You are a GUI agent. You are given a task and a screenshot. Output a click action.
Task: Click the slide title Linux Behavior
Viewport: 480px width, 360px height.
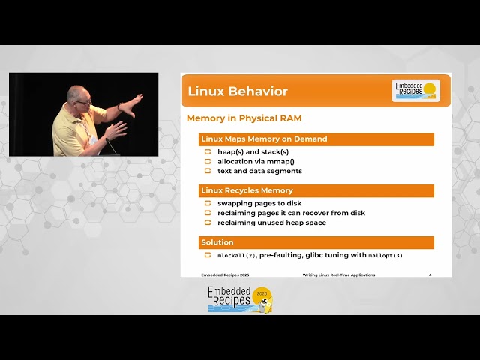[238, 91]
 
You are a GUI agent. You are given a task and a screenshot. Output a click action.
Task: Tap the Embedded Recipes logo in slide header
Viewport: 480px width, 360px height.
[416, 90]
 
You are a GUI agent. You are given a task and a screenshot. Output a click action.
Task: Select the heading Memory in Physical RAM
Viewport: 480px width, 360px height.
[244, 118]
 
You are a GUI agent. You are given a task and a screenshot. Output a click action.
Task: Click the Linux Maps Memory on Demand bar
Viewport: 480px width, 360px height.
[316, 139]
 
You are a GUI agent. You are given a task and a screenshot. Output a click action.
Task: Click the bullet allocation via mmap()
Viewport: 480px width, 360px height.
[256, 161]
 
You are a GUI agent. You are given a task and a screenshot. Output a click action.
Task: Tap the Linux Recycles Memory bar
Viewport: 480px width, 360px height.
[316, 191]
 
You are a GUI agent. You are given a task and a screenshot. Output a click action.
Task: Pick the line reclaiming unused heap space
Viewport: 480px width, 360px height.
[271, 223]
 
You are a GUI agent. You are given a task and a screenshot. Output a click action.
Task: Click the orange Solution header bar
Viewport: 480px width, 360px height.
[316, 243]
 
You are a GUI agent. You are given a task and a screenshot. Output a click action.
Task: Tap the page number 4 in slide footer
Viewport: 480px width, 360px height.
[430, 274]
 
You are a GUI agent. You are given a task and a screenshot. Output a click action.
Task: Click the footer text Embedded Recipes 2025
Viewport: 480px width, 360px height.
[220, 274]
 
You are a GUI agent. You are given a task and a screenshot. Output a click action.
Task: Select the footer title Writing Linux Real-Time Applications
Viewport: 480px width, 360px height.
[339, 274]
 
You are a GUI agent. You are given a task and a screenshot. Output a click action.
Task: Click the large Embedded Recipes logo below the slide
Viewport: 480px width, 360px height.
[240, 298]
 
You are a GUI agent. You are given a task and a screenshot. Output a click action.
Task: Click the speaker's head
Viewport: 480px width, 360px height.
[79, 97]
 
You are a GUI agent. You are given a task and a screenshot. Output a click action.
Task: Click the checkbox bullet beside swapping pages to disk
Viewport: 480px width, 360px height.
[208, 203]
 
